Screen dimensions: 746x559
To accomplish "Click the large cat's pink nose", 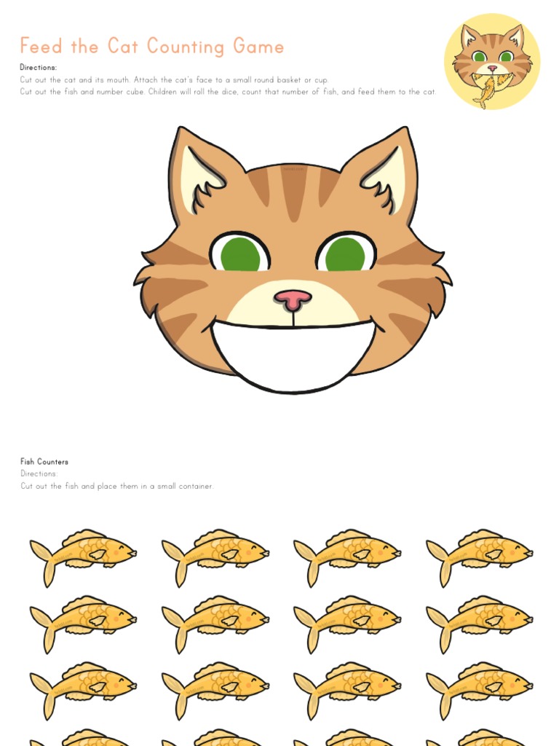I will (293, 298).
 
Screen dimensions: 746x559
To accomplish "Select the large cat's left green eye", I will (240, 254).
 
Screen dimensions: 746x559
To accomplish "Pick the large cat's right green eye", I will (345, 254).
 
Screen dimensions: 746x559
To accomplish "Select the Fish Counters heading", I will (44, 462).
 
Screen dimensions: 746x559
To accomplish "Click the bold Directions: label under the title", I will (39, 68).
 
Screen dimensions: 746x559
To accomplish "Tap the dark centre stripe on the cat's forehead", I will (293, 191).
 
